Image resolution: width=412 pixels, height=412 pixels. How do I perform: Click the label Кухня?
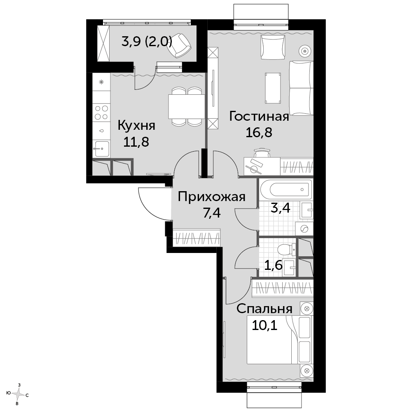[136, 126]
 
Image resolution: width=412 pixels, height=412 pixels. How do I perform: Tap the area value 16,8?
[259, 132]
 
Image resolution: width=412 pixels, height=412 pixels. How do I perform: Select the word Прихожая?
[211, 197]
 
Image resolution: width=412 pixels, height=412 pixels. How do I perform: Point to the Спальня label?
[265, 309]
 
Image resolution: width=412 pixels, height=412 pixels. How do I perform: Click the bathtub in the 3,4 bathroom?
[286, 189]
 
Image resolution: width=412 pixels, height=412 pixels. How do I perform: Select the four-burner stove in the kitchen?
[101, 112]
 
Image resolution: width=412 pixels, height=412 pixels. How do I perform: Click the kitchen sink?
[101, 149]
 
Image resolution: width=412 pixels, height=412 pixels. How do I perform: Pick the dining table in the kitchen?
[187, 106]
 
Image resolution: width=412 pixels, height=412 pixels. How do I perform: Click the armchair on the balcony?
[180, 45]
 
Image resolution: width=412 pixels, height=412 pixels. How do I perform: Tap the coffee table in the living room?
[273, 88]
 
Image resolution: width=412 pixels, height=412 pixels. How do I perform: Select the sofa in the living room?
[301, 88]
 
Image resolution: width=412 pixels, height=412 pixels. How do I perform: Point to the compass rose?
[19, 393]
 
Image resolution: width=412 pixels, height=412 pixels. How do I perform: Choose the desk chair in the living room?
[262, 153]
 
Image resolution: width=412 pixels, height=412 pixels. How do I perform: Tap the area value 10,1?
[265, 326]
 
